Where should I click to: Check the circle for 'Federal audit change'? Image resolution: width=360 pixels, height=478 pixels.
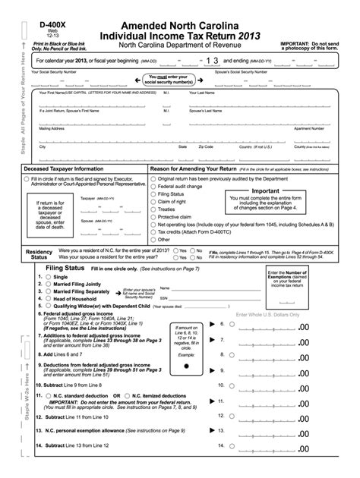pyautogui.click(x=153, y=186)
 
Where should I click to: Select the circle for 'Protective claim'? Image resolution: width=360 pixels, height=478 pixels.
pyautogui.click(x=153, y=216)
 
